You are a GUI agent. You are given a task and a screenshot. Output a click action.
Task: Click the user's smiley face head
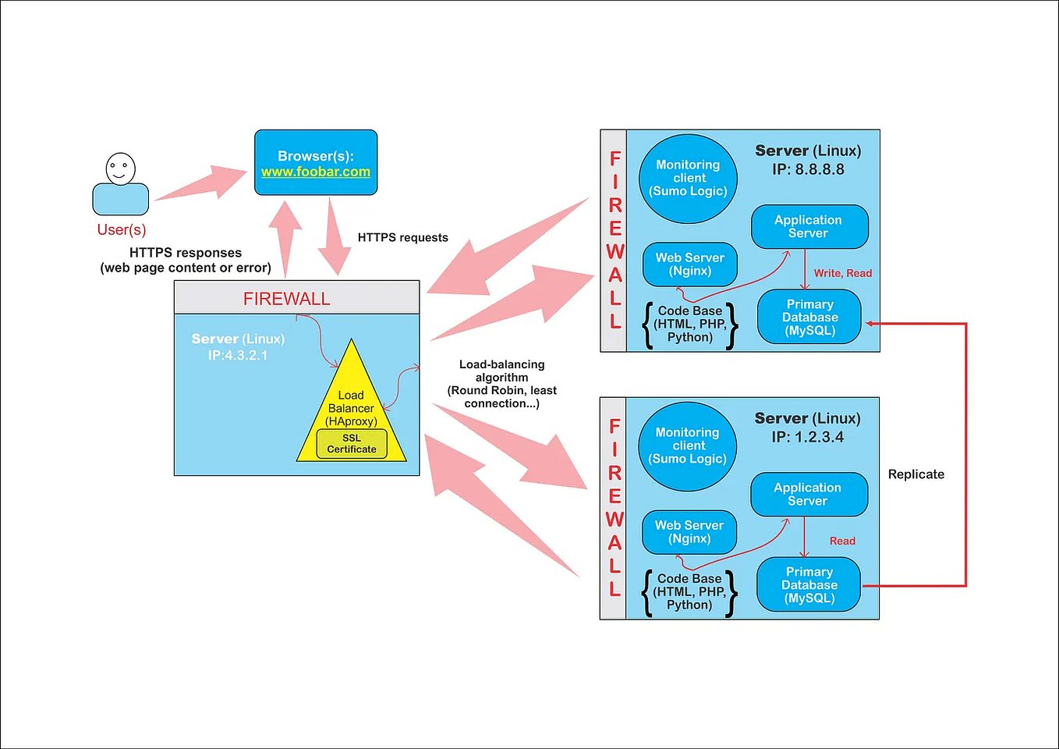point(121,168)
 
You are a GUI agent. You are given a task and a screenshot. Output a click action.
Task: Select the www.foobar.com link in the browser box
point(316,172)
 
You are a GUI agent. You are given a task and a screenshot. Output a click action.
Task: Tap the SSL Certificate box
point(352,444)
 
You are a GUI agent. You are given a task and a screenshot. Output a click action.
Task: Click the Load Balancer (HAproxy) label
point(351,408)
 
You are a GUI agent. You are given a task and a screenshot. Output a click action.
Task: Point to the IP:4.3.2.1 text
point(238,356)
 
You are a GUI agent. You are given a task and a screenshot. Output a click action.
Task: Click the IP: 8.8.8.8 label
point(808,170)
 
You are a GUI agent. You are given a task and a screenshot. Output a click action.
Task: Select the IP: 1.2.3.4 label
point(807,438)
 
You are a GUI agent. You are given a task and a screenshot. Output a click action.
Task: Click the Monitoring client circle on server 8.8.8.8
point(688,179)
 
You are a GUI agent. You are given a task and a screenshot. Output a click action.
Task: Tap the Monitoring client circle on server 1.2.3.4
point(687,446)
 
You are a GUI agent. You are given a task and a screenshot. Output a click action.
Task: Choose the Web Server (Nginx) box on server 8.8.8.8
point(690,264)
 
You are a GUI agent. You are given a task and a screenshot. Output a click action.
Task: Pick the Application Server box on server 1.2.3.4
point(808,494)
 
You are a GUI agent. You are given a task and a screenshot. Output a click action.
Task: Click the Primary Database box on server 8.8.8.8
point(809,318)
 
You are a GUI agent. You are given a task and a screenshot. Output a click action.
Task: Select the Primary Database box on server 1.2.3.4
point(809,585)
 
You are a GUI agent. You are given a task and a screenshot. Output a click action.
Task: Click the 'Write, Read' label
point(843,273)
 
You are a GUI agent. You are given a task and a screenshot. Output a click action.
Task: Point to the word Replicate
point(916,474)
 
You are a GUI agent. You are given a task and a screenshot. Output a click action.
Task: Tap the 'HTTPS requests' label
point(402,238)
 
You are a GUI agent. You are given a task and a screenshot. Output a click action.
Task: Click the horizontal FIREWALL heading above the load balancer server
point(287,299)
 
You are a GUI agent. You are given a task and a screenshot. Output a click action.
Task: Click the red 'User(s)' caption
point(122,230)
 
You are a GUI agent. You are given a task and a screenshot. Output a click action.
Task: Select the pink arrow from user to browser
point(201,184)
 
